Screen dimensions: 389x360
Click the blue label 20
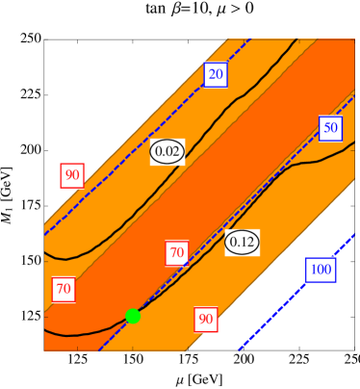(x=216, y=75)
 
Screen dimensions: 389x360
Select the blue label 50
(x=331, y=127)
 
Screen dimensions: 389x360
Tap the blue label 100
(x=321, y=270)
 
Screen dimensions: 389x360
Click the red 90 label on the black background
(x=71, y=175)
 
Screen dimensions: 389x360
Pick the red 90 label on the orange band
(x=205, y=319)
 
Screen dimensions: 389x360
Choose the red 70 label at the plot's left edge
(x=64, y=288)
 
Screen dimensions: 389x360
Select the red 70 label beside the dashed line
(x=176, y=254)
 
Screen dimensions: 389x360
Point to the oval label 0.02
(x=167, y=151)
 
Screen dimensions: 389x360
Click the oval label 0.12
(x=242, y=242)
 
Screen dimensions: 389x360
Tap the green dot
(x=133, y=316)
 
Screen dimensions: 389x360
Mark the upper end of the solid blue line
(x=354, y=234)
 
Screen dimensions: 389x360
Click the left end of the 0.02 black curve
(x=45, y=252)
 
